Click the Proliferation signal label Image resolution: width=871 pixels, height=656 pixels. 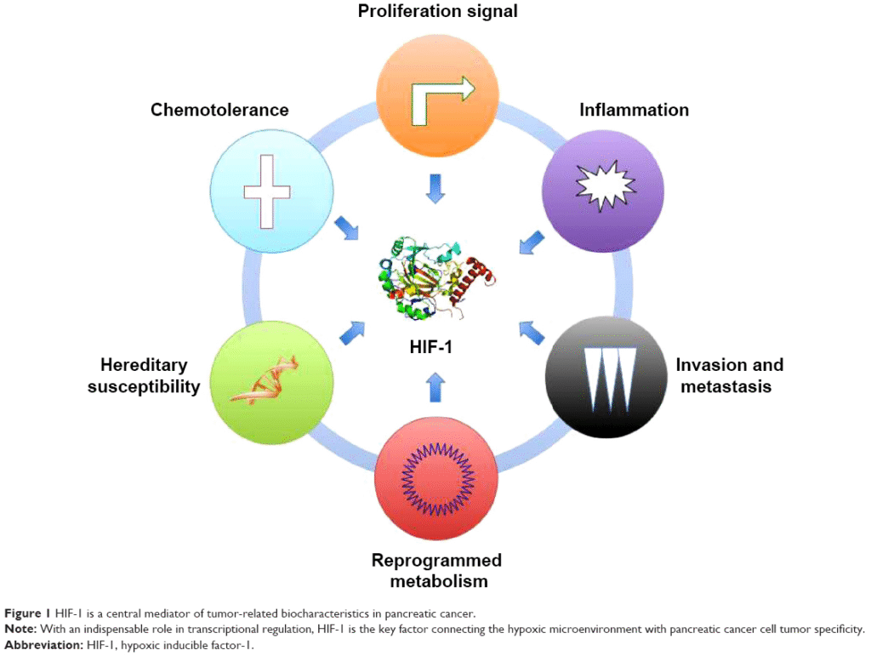[437, 12]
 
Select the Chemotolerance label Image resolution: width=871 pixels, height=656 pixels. [219, 110]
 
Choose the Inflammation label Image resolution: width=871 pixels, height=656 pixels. [634, 110]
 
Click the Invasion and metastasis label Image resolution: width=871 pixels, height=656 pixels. [729, 375]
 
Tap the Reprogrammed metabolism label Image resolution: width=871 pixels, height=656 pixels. [436, 571]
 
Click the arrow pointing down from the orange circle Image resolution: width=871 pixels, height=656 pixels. [435, 188]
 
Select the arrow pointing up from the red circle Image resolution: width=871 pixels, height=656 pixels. [435, 385]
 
